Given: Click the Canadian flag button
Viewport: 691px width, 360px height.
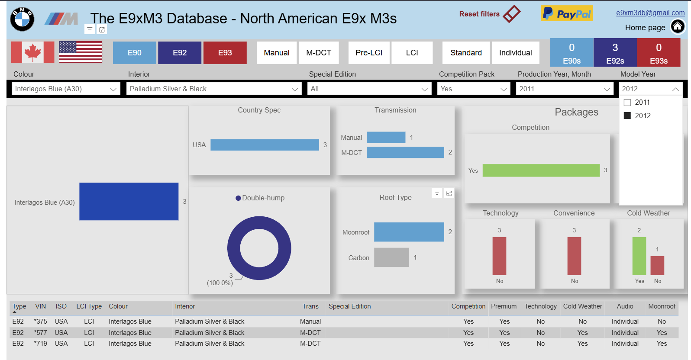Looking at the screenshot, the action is [33, 52].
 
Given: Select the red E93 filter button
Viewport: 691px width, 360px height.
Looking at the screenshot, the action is [225, 53].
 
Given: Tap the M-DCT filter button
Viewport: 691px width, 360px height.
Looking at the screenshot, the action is [319, 53].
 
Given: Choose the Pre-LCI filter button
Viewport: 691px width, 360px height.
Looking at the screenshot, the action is [368, 53].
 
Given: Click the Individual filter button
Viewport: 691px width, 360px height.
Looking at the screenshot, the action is [516, 53].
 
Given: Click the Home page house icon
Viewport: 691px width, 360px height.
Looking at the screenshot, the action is [678, 26].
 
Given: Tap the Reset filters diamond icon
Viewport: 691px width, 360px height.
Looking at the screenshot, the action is [511, 14].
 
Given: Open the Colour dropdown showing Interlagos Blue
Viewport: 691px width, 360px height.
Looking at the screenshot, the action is [66, 89].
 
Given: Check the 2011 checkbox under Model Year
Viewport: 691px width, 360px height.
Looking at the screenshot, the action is [627, 102].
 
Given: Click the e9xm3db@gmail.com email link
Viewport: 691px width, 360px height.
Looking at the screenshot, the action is [650, 13].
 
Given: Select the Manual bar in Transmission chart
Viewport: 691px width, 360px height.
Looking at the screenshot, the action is [386, 138].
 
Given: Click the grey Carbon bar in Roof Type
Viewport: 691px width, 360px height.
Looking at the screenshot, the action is [391, 257].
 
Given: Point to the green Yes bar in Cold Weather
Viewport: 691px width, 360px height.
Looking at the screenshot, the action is [639, 256].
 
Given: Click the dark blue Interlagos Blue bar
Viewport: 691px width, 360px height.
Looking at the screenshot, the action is [129, 202].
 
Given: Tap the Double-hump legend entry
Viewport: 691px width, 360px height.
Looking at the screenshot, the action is [260, 198].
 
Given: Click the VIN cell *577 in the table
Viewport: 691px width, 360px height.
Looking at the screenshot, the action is [40, 333].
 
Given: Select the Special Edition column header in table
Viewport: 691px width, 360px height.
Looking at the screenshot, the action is [349, 306].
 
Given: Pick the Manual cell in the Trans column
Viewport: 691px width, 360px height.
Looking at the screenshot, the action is [310, 321].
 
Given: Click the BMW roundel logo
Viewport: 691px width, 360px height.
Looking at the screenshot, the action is [22, 19].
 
